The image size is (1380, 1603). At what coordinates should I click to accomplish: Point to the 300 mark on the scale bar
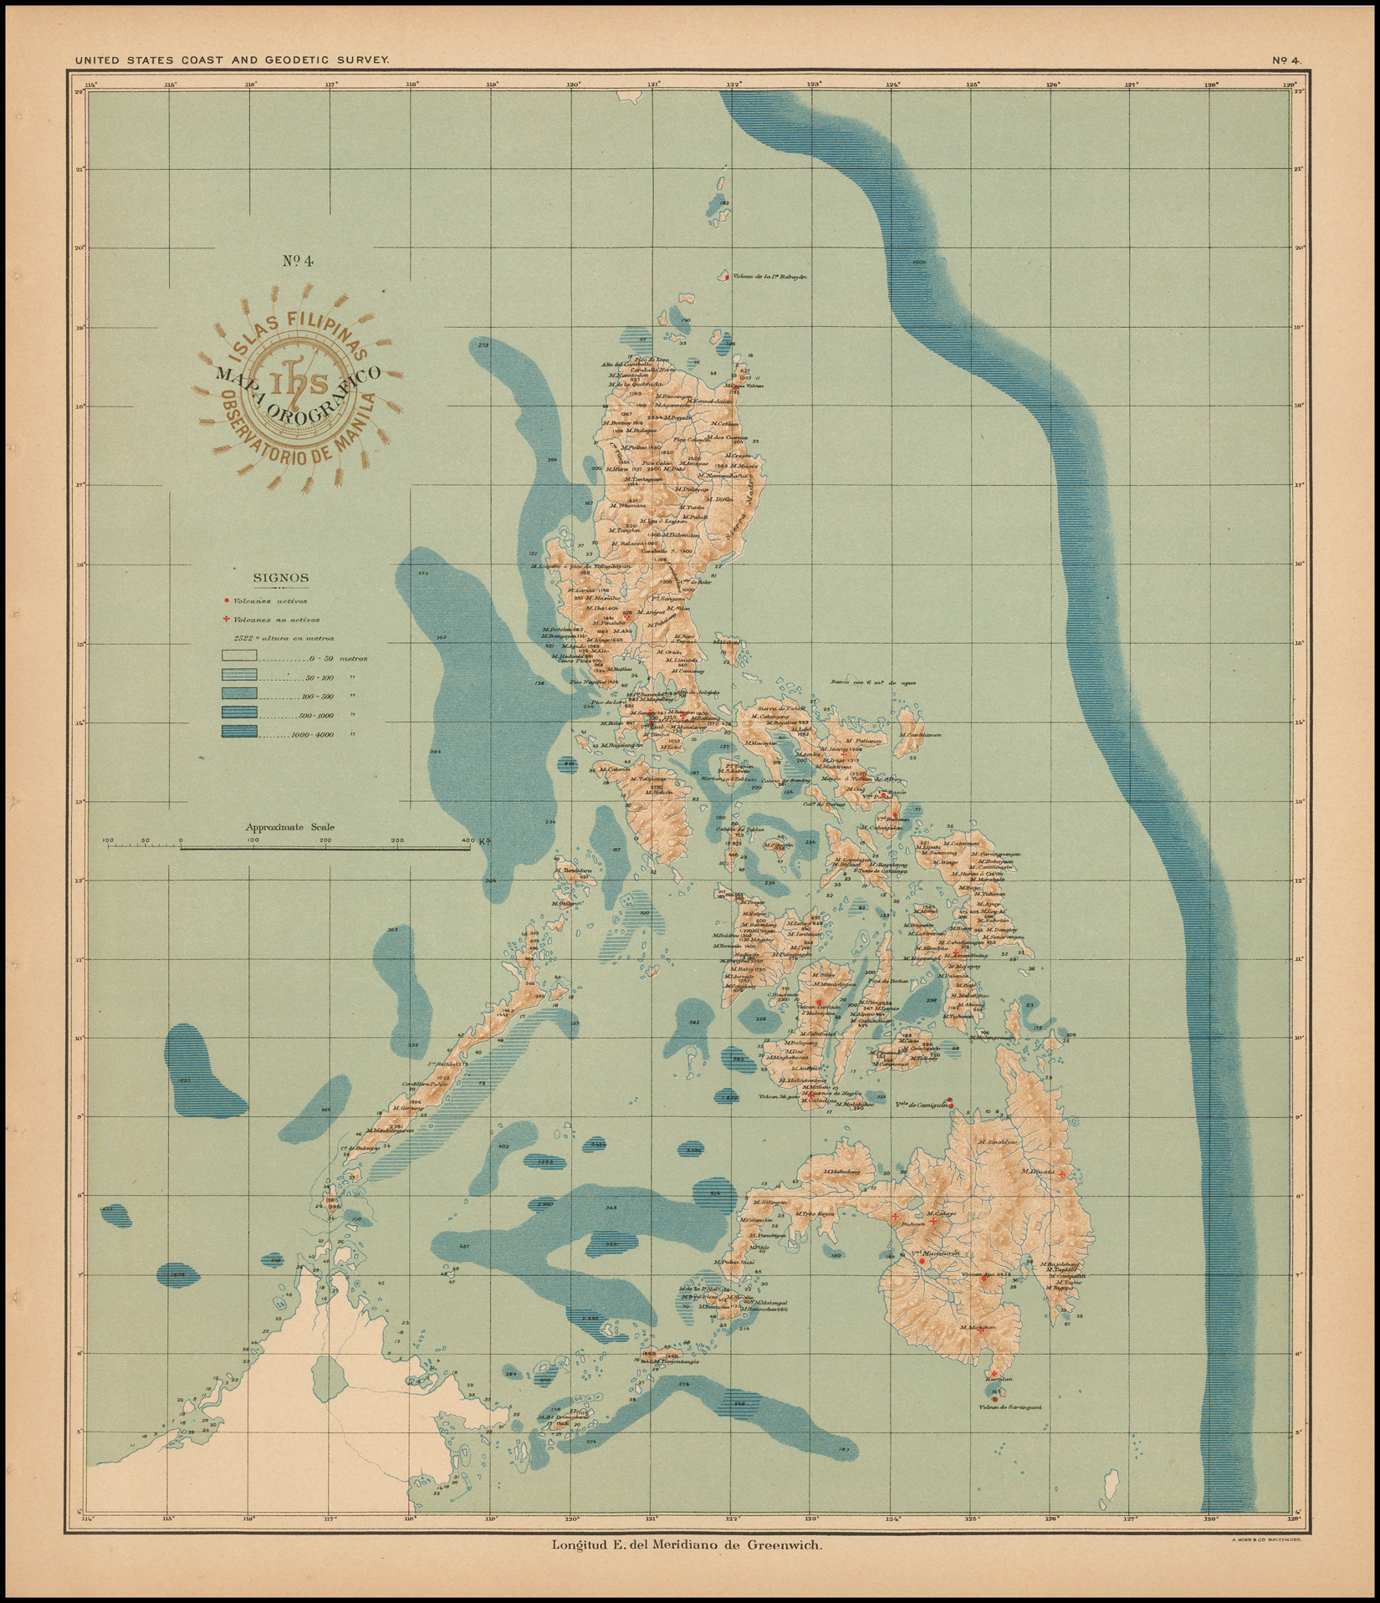tap(396, 840)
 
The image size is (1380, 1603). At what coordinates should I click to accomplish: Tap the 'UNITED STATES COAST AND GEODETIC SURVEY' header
tap(232, 60)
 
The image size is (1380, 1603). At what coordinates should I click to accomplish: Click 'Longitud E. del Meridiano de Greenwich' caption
tap(687, 1544)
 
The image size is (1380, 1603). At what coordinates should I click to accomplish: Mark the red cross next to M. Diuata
tap(1061, 1175)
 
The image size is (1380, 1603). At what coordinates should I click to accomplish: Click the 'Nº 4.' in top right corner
tap(1286, 60)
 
